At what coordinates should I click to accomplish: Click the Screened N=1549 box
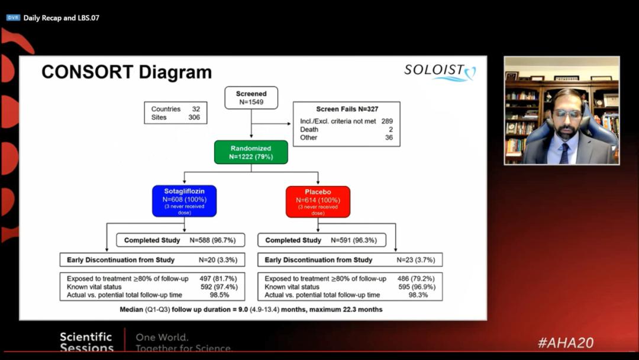click(251, 98)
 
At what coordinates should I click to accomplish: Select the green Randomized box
click(251, 153)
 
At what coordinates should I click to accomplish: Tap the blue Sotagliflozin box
click(184, 201)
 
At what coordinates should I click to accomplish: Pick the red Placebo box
click(318, 202)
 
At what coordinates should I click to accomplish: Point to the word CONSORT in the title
click(87, 72)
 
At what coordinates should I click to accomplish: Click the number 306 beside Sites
click(194, 117)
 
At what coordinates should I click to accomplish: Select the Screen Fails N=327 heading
click(347, 110)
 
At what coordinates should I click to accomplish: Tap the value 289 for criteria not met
click(387, 121)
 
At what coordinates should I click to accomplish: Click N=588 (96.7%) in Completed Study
click(213, 240)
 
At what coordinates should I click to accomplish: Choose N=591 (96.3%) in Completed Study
click(354, 240)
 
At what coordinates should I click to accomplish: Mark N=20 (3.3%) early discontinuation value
click(218, 260)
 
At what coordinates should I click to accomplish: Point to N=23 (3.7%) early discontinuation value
click(416, 260)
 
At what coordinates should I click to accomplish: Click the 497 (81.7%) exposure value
click(218, 279)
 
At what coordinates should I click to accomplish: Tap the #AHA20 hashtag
click(566, 343)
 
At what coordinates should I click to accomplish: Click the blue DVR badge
click(13, 18)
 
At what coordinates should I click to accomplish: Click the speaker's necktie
click(565, 153)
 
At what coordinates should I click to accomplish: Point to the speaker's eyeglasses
click(566, 113)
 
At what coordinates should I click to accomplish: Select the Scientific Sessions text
click(86, 342)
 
